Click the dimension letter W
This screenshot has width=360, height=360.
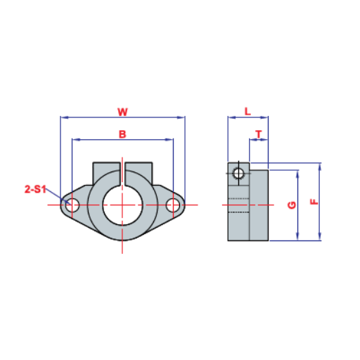[x=122, y=112]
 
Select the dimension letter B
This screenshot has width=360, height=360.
[x=122, y=134]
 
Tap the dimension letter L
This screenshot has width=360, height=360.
[x=247, y=111]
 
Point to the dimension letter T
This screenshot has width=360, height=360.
[x=259, y=134]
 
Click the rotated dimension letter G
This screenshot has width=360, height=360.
[x=292, y=205]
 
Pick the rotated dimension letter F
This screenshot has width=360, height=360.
[x=314, y=202]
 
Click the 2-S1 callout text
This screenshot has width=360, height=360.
[x=35, y=189]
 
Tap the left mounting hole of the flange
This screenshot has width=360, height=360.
[x=72, y=205]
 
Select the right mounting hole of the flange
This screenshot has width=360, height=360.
[x=173, y=205]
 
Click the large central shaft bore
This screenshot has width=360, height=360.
[x=122, y=205]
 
